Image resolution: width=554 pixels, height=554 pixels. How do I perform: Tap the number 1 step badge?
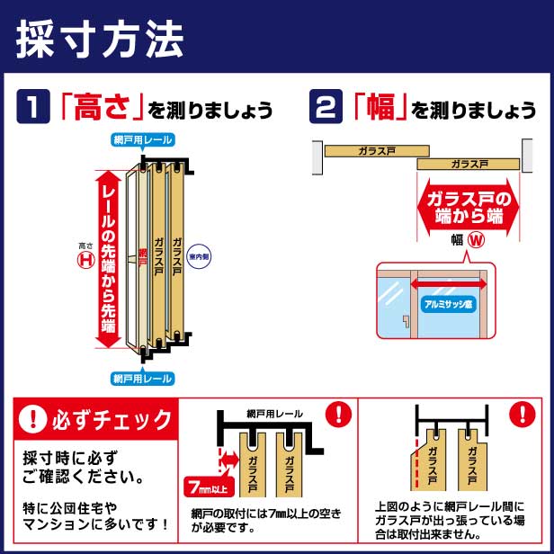[31, 108]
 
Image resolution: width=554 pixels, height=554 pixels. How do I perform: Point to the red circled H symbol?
[87, 259]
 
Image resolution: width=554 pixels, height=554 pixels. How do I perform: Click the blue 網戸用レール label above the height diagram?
[142, 139]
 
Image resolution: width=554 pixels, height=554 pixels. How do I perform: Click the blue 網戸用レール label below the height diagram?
[142, 379]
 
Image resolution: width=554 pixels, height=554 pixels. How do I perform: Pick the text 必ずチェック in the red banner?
[109, 419]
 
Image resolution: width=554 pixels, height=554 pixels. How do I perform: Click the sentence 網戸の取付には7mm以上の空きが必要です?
[267, 520]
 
